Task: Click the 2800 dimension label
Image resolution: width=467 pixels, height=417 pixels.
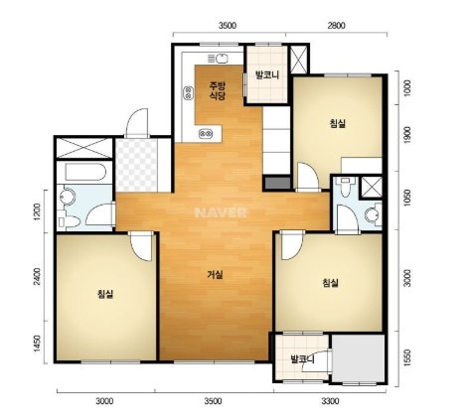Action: click(x=336, y=26)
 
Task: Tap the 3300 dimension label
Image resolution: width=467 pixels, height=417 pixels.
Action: click(x=330, y=401)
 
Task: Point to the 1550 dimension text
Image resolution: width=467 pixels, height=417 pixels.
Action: click(x=407, y=357)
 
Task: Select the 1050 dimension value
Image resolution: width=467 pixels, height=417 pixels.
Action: click(x=407, y=198)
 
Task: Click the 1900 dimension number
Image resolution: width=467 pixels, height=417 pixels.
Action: click(x=407, y=135)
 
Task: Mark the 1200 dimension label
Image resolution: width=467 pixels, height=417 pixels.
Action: click(x=37, y=211)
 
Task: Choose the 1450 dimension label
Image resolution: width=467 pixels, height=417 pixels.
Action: click(x=37, y=344)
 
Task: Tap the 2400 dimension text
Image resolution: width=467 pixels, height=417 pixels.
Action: click(x=37, y=276)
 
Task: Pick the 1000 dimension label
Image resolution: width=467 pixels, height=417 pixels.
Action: click(x=407, y=88)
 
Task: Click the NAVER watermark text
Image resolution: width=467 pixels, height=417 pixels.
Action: click(x=221, y=212)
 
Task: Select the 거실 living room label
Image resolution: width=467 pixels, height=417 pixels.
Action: click(x=215, y=274)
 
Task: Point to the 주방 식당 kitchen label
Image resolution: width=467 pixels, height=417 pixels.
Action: click(x=217, y=91)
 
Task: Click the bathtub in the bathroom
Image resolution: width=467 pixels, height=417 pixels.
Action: click(x=85, y=172)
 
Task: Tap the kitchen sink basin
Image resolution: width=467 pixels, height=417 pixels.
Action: click(x=222, y=59)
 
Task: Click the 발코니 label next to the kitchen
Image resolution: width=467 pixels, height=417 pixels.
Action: click(x=267, y=75)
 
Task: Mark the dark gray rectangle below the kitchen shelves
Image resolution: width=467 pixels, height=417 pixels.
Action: click(x=277, y=183)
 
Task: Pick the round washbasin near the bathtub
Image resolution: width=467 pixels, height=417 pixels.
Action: click(x=68, y=197)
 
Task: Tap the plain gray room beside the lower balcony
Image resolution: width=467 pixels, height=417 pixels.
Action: click(x=359, y=358)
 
